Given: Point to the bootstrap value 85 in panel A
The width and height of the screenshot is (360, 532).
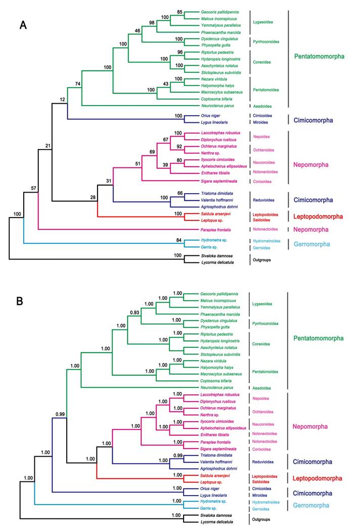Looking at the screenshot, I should coord(179,12).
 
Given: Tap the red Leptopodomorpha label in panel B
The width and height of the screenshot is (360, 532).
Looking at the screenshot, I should coord(319,478).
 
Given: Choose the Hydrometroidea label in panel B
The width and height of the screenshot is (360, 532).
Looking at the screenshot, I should coord(268,502).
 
